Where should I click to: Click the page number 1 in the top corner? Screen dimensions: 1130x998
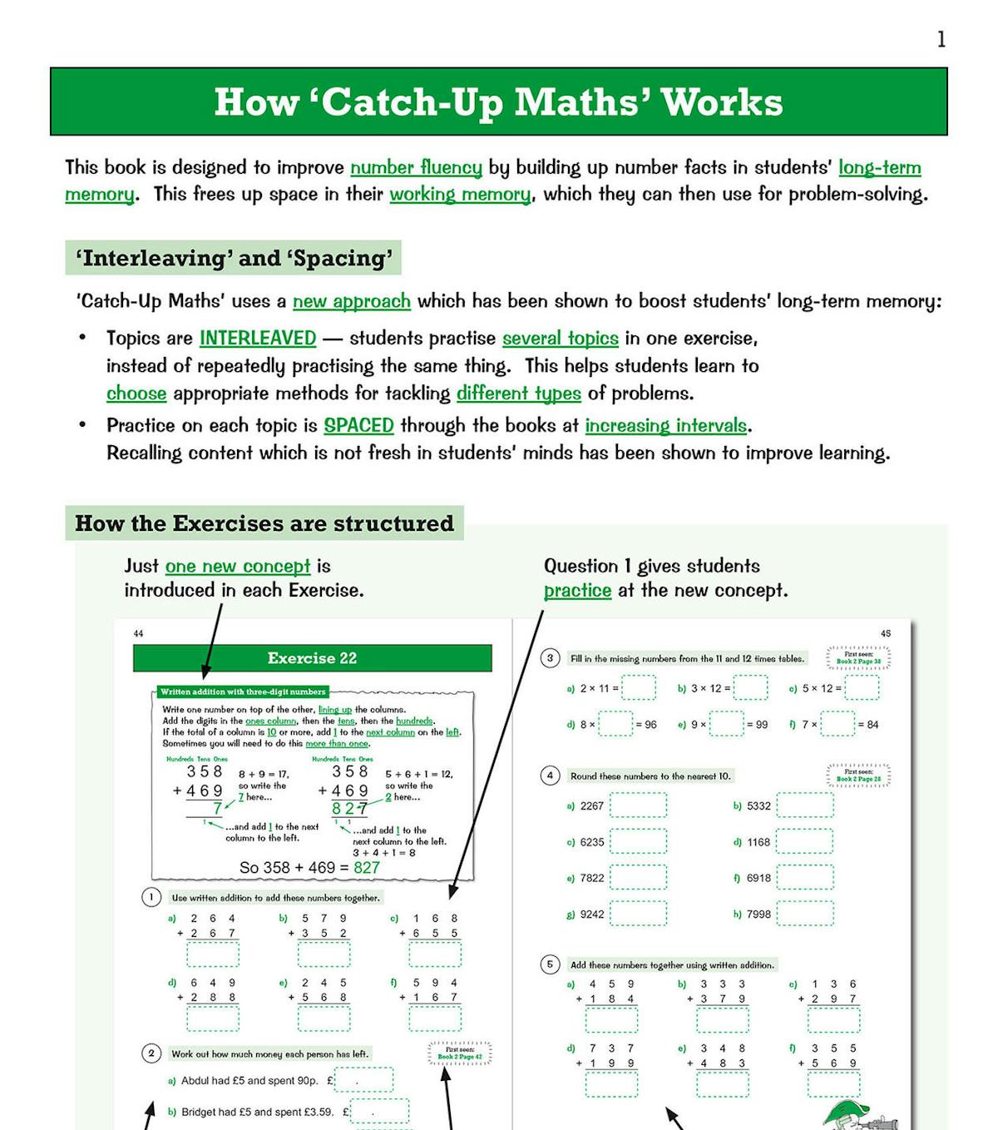click(x=941, y=40)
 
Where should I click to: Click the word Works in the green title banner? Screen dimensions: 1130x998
click(x=722, y=102)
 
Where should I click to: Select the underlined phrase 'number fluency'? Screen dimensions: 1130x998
click(x=416, y=167)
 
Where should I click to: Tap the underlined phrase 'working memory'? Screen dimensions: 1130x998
click(x=460, y=194)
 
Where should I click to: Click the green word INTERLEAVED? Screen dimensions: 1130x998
click(x=258, y=338)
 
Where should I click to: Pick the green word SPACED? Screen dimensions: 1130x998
click(x=358, y=425)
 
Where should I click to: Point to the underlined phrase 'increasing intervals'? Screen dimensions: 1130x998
click(x=666, y=425)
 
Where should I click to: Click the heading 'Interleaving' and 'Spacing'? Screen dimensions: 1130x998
click(x=234, y=258)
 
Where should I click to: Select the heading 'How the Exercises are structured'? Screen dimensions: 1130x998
click(x=264, y=523)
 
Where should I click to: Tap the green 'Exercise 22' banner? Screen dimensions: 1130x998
click(x=312, y=658)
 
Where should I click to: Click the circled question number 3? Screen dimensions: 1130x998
click(x=550, y=658)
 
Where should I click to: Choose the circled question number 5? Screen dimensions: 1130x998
click(x=550, y=964)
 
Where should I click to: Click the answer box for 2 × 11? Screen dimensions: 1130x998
click(x=639, y=688)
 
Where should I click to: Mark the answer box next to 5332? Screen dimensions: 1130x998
click(x=804, y=805)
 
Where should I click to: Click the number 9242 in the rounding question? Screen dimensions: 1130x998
click(x=592, y=914)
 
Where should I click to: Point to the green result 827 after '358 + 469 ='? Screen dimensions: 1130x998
click(x=367, y=867)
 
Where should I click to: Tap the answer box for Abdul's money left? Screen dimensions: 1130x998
click(x=363, y=1080)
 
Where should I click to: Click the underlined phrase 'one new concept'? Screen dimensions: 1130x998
click(x=238, y=567)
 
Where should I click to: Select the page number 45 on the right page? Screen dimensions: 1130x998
click(x=885, y=633)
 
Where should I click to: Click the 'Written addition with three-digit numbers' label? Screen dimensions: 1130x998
click(x=243, y=691)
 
